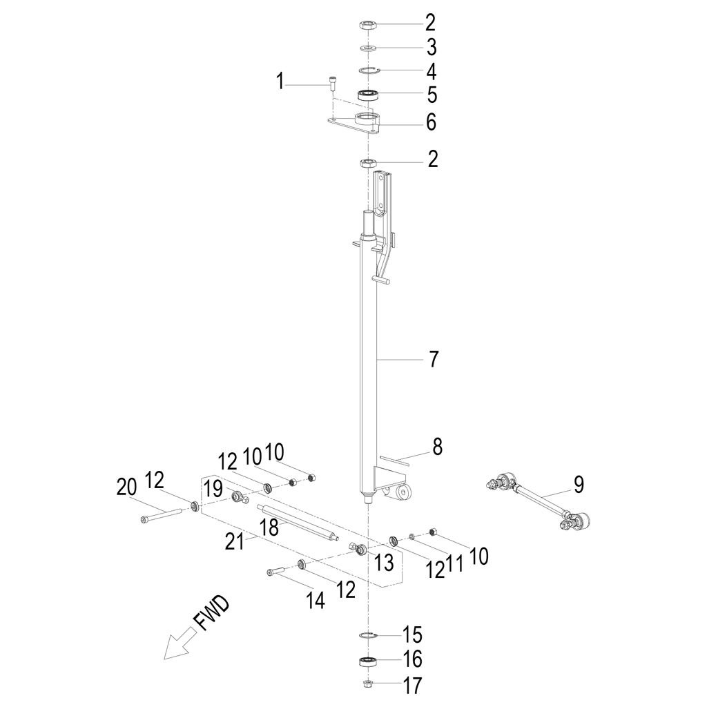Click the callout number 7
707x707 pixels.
point(433,359)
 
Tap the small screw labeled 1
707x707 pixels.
point(331,84)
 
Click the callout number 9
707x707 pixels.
point(579,484)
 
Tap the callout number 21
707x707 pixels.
point(235,541)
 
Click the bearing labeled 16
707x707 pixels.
point(369,662)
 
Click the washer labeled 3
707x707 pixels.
point(369,48)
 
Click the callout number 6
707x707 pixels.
point(432,122)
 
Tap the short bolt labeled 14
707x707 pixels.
point(276,572)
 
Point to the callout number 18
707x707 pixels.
point(270,527)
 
